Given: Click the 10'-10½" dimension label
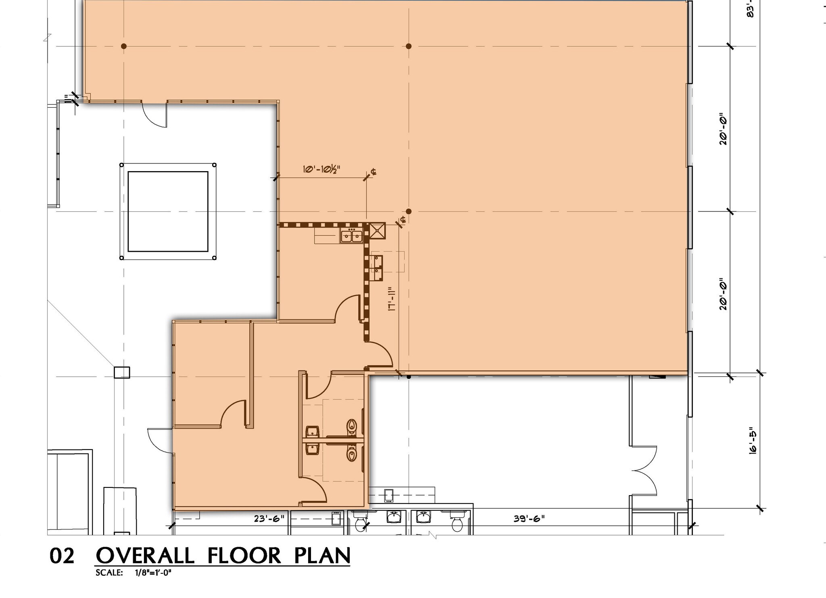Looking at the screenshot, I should [322, 169].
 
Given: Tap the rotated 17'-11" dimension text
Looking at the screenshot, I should [390, 299].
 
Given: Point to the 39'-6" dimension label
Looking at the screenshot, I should [529, 519].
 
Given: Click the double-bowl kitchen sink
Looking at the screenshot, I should [351, 236].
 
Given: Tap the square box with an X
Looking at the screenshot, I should [378, 231].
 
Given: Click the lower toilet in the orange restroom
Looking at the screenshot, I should [352, 454].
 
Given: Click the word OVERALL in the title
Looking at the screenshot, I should [145, 556].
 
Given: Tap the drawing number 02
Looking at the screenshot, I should [62, 556].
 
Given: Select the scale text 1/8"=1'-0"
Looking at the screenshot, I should [153, 573].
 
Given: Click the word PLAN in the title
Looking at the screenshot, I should [322, 556].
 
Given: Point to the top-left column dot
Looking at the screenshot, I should [124, 46].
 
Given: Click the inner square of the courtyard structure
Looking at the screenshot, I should [168, 211].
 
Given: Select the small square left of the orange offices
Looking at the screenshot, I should [122, 372].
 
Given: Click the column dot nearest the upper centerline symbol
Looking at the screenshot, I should [409, 211].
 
